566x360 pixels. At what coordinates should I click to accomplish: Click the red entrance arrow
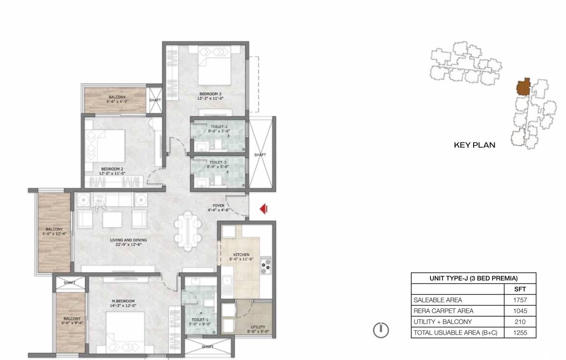click(x=264, y=209)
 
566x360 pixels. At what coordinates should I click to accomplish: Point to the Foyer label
click(x=219, y=205)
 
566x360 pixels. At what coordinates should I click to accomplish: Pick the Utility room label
click(x=258, y=327)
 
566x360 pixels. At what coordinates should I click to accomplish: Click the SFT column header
click(x=520, y=289)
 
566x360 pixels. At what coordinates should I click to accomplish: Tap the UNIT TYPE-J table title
click(x=473, y=278)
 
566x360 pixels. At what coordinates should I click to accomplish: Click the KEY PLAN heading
click(x=475, y=145)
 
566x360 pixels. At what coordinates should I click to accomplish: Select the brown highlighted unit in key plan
click(x=523, y=88)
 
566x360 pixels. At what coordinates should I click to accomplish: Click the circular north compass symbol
click(x=381, y=330)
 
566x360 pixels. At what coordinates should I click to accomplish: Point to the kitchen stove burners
click(x=265, y=265)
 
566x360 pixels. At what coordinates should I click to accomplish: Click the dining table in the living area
click(x=189, y=231)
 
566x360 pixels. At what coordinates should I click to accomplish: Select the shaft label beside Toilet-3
click(x=260, y=155)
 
